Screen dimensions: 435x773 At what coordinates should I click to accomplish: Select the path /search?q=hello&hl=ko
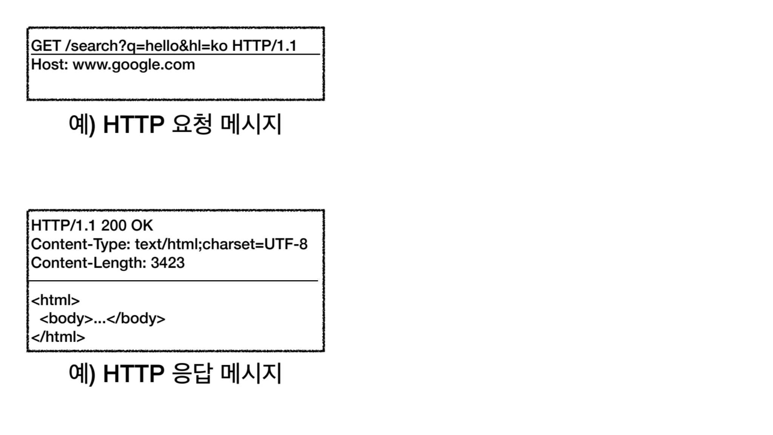click(x=146, y=46)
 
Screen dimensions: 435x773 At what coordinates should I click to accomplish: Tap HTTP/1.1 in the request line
click(x=264, y=46)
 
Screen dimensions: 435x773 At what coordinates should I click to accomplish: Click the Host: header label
click(x=49, y=65)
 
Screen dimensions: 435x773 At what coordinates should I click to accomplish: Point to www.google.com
click(x=134, y=65)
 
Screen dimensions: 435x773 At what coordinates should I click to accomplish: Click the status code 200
click(x=114, y=225)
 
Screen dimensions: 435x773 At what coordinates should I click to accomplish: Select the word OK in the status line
click(x=142, y=225)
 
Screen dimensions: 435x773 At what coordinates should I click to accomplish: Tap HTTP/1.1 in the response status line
click(x=63, y=225)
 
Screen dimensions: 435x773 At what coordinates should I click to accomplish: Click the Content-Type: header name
click(x=81, y=244)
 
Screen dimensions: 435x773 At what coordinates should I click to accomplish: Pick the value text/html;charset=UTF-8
click(x=221, y=244)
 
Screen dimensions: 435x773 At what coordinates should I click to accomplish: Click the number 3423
click(x=168, y=263)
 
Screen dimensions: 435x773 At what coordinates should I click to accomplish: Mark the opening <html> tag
click(x=55, y=300)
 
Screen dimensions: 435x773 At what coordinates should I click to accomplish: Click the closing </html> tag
click(x=58, y=337)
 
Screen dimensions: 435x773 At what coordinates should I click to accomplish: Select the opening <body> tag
click(x=66, y=319)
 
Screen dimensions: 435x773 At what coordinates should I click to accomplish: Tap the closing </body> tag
click(x=136, y=319)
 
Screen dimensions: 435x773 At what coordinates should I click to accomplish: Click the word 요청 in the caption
click(x=192, y=124)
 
